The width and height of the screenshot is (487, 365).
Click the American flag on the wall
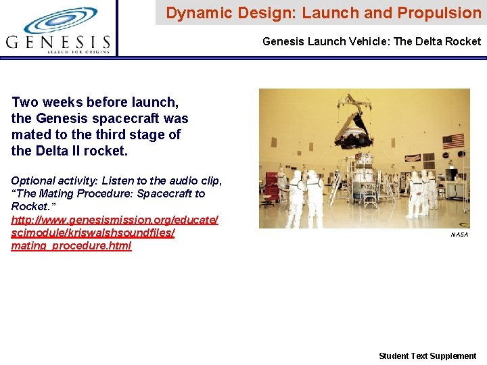tap(453, 141)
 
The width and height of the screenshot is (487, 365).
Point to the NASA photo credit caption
tap(459, 235)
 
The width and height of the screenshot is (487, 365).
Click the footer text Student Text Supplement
tap(427, 356)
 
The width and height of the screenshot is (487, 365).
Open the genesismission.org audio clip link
tap(114, 220)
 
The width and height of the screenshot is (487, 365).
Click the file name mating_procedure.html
tap(71, 245)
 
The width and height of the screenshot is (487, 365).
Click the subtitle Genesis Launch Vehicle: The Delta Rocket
tap(371, 42)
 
